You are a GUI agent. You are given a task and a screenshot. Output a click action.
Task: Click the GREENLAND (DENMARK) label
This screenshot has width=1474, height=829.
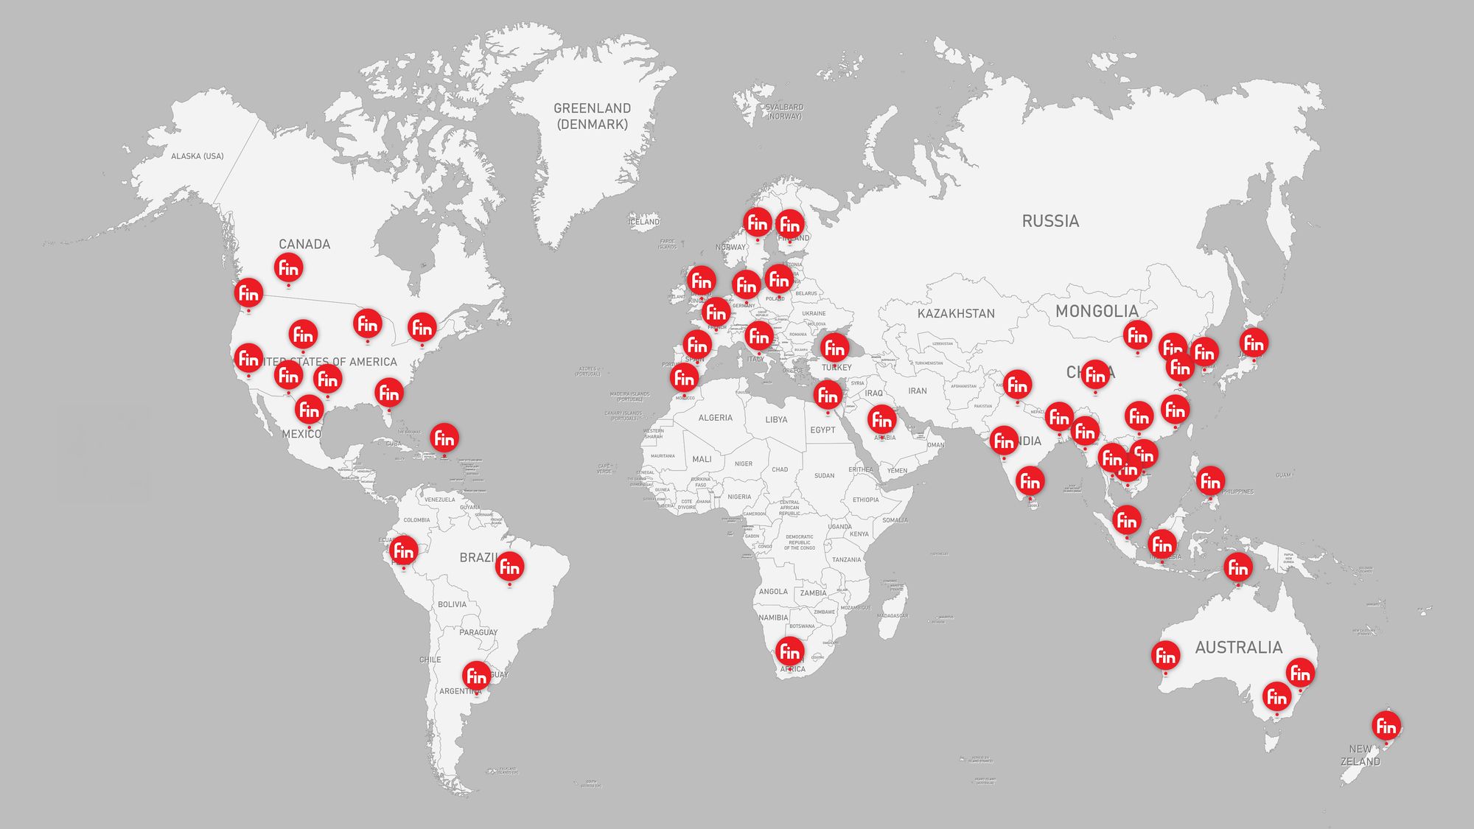pos(592,116)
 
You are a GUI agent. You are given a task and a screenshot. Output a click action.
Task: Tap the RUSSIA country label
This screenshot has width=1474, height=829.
pos(1050,221)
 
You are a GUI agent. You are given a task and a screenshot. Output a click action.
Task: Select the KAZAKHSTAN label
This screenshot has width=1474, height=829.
pos(956,314)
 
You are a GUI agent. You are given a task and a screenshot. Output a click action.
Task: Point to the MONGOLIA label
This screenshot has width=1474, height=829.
pos(1097,311)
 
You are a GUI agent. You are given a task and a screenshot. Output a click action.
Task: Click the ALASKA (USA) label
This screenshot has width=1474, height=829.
pos(198,156)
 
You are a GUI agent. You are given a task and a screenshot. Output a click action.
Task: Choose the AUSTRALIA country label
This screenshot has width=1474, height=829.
pos(1238,648)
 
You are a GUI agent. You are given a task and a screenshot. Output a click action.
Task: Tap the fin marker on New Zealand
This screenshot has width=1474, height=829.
pos(1386,726)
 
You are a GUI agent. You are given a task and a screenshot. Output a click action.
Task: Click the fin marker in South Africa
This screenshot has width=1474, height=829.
pos(790,651)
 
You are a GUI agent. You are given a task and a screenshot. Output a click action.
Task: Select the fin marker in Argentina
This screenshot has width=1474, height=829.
pos(476,675)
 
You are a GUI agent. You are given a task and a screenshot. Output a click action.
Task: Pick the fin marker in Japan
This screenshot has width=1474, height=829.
pos(1254,343)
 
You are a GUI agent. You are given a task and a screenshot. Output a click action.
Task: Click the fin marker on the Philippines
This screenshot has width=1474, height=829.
pos(1210,481)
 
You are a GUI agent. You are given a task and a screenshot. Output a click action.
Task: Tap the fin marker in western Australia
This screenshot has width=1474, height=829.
pos(1165,655)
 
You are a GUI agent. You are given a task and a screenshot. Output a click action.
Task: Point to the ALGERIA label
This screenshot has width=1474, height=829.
pos(715,418)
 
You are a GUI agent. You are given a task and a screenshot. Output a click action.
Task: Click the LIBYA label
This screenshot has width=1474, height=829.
pos(776,420)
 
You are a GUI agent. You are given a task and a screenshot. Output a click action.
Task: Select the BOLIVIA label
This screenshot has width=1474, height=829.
pos(452,604)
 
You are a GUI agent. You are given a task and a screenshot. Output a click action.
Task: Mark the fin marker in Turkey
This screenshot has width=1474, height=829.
pos(834,347)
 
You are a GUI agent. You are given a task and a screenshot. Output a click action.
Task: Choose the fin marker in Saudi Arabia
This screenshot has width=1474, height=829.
pos(882,419)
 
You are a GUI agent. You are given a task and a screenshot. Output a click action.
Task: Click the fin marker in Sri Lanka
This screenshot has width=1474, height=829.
pos(1030,481)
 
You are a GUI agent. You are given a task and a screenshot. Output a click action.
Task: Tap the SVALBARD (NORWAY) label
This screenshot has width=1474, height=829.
pos(784,112)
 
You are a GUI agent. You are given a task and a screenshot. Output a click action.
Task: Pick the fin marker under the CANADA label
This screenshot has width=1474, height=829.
pos(288,268)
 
